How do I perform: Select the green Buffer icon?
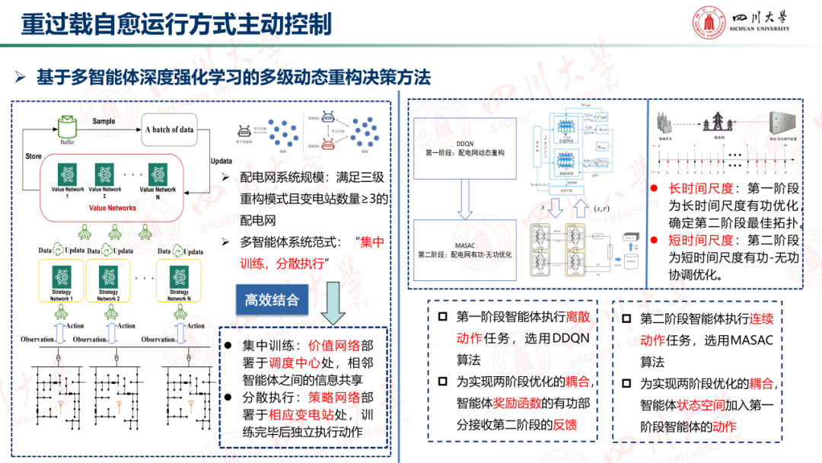pyautogui.click(x=67, y=125)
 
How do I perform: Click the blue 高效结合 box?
pyautogui.click(x=272, y=300)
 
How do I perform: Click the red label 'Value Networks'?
pyautogui.click(x=113, y=208)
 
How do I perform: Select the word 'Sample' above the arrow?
pyautogui.click(x=104, y=121)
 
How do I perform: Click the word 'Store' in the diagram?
pyautogui.click(x=33, y=156)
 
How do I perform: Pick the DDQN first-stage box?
pyautogui.click(x=465, y=148)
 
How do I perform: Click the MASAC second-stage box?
pyautogui.click(x=465, y=247)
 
